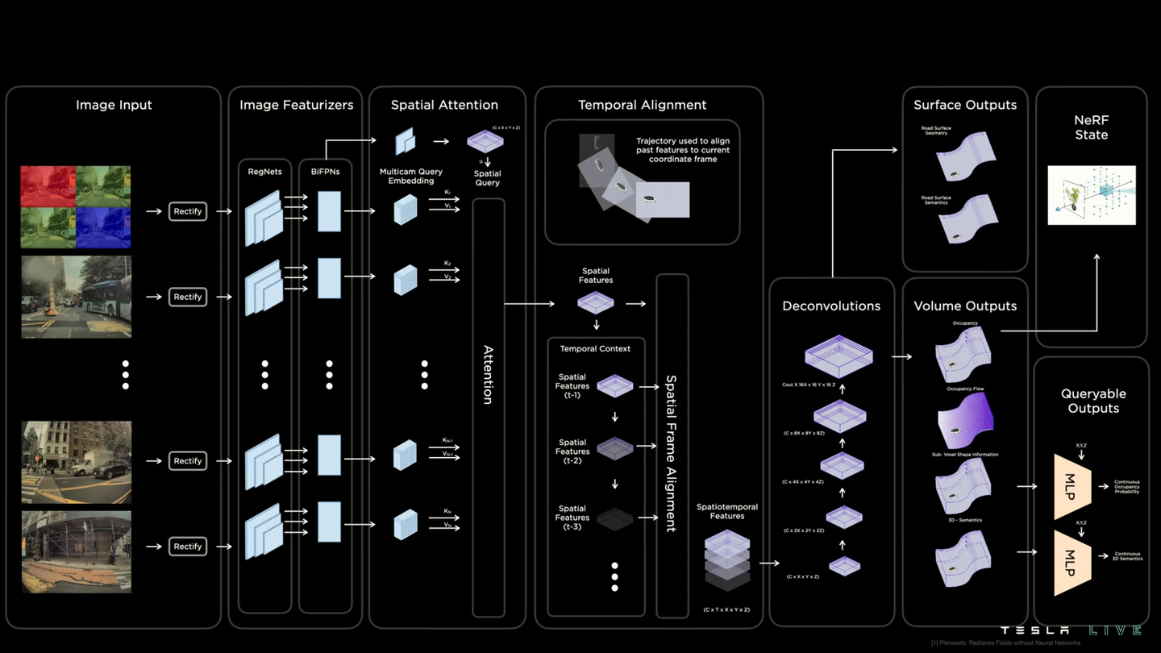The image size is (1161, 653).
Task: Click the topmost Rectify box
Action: pyautogui.click(x=188, y=211)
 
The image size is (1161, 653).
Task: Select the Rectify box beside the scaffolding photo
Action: pyautogui.click(x=188, y=547)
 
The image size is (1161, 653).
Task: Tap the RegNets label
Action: pyautogui.click(x=264, y=171)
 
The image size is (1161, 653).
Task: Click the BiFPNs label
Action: pyautogui.click(x=325, y=171)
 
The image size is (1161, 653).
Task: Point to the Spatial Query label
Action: pyautogui.click(x=487, y=178)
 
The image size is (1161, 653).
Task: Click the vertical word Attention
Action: pyautogui.click(x=488, y=375)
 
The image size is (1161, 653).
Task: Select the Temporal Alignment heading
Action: pyautogui.click(x=642, y=105)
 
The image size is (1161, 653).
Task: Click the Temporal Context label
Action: pyautogui.click(x=595, y=348)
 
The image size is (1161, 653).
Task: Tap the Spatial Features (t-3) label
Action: pyautogui.click(x=572, y=518)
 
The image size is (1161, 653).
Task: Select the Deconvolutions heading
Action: pyautogui.click(x=831, y=306)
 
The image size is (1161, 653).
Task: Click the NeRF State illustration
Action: pyautogui.click(x=1091, y=195)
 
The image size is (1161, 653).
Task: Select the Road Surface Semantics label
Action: pyautogui.click(x=936, y=200)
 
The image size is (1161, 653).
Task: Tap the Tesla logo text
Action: pyautogui.click(x=1034, y=630)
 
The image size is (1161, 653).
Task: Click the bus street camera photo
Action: pyautogui.click(x=76, y=297)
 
